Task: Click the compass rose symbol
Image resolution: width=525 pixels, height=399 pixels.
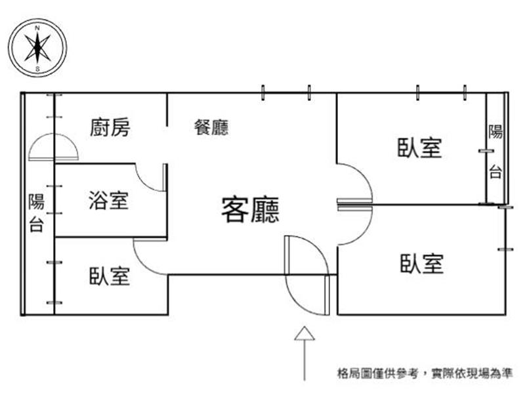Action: click(37, 48)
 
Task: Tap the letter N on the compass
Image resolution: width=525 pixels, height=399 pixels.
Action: click(37, 28)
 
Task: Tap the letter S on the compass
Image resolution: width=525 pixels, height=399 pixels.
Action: click(37, 69)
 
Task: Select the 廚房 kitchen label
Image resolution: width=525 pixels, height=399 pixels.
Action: click(110, 127)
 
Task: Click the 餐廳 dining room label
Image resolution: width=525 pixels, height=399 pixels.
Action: click(211, 127)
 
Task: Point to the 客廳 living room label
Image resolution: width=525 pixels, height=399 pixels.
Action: click(250, 210)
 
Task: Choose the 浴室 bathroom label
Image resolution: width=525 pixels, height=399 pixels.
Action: click(108, 200)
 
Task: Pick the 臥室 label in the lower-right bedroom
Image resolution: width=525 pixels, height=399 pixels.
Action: click(422, 263)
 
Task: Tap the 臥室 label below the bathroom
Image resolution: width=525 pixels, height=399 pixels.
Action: click(110, 276)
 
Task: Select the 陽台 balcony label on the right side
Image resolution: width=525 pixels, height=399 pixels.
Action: click(495, 152)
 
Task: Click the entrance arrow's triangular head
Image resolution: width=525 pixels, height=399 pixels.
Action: click(304, 333)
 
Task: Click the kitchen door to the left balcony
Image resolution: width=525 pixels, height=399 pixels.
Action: click(54, 146)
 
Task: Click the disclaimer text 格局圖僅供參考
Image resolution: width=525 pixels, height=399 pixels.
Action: click(378, 373)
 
